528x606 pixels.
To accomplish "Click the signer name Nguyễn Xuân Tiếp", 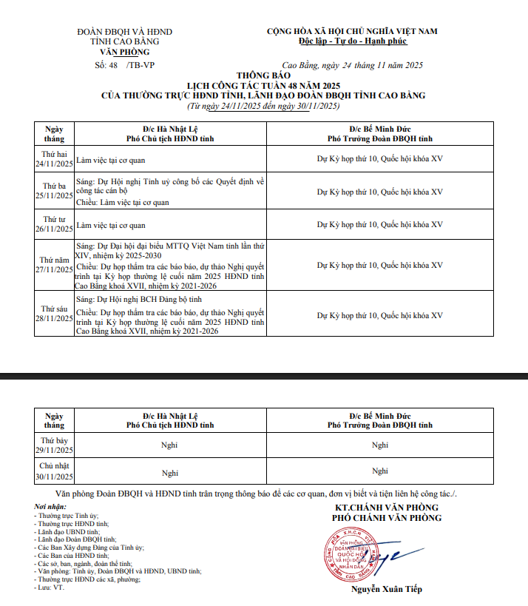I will point(385,590).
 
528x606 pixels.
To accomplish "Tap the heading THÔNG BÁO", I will point(263,75).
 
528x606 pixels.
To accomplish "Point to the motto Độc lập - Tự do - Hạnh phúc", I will point(352,41).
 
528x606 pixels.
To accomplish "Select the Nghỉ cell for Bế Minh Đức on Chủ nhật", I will point(380,471).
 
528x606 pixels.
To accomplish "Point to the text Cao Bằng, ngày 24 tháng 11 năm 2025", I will point(353,65).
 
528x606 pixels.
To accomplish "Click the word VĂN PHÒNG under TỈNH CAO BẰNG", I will point(124,52).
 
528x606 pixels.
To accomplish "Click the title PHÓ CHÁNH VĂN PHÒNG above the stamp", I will point(386,518).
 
